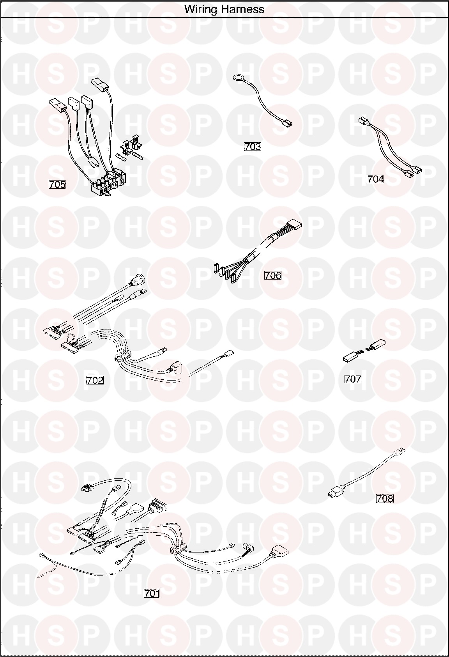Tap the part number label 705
(57, 184)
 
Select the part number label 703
(253, 146)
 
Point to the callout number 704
(375, 179)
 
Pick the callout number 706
(273, 275)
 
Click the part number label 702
(95, 380)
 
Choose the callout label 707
(353, 379)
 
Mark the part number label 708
(385, 498)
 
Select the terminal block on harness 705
(108, 182)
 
